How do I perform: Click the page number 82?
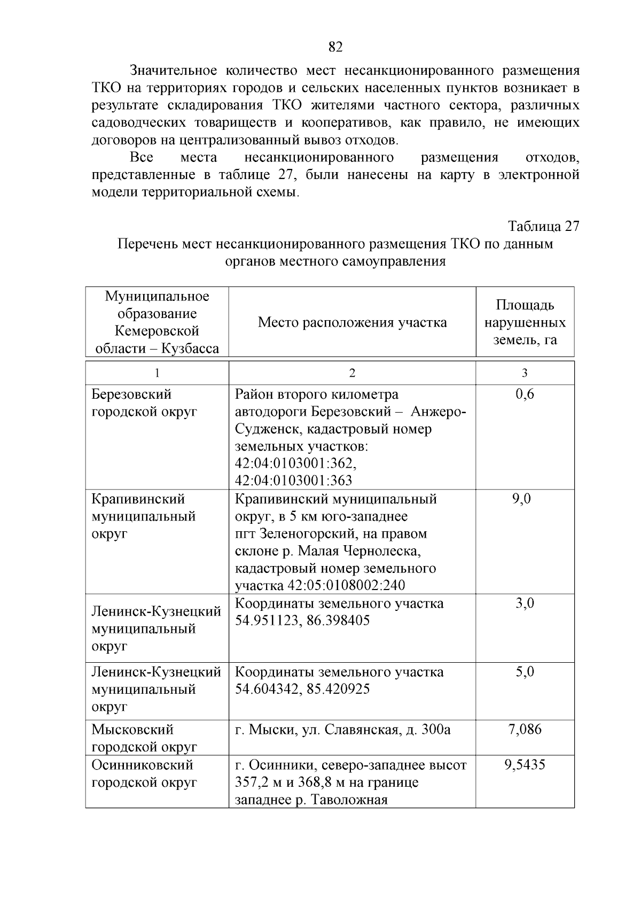tap(335, 47)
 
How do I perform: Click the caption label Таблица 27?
tap(543, 226)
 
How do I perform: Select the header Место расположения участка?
tap(352, 322)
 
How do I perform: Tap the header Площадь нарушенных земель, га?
tap(525, 322)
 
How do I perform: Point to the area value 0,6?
tap(525, 394)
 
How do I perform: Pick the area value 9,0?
tap(525, 499)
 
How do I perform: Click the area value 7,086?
tap(525, 730)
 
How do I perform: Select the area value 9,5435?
tap(525, 765)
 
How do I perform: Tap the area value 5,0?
tap(525, 672)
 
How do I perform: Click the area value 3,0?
tap(525, 604)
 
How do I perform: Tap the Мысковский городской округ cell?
tap(145, 738)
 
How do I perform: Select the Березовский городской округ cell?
tap(144, 403)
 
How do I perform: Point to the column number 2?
tap(351, 373)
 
